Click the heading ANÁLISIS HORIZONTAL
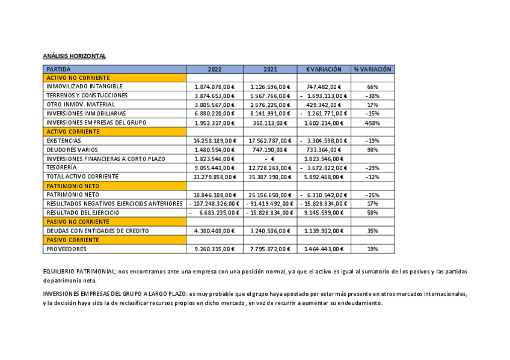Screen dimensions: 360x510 pos(75,56)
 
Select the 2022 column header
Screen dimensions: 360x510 pos(215,69)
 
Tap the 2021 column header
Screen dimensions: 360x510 pos(270,69)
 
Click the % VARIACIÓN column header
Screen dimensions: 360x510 pos(372,69)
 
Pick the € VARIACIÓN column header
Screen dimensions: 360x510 pos(324,69)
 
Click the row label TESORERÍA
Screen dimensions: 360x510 pos(62,168)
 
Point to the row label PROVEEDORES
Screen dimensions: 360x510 pos(67,249)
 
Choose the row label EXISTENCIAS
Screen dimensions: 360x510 pos(64,141)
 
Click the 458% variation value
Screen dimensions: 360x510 pos(372,123)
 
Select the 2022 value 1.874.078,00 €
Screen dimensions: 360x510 pos(215,87)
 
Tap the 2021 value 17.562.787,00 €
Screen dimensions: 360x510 pos(270,141)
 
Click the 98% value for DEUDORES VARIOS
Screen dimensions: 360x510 pos(372,150)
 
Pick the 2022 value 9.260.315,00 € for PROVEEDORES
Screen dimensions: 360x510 pos(215,249)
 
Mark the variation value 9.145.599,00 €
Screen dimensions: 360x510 pos(324,213)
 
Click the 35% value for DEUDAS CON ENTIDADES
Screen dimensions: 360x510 pos(372,231)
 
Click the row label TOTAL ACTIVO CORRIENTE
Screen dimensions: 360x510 pos(82,177)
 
